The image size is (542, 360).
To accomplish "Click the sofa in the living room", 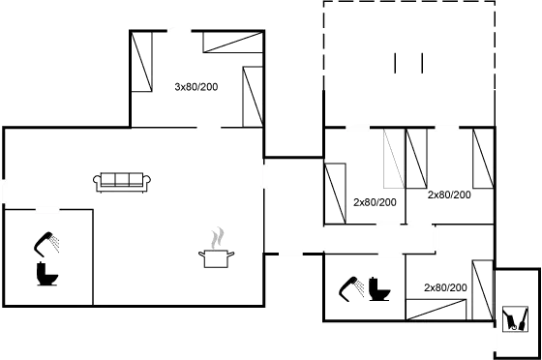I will coord(122,180).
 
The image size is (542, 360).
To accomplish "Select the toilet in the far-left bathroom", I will coord(45,276).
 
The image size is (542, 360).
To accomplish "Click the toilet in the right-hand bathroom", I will coord(379,289).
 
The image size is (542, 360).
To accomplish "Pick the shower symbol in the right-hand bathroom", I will coord(349,287).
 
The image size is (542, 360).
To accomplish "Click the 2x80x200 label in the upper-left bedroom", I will coord(196,87).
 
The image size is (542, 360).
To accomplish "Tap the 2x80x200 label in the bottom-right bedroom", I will coord(445,287).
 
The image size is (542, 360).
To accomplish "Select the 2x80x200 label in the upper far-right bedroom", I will coord(449,195).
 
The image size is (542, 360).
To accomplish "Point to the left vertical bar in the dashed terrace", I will coord(396,62).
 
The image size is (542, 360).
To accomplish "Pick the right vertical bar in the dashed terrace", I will coord(421,62).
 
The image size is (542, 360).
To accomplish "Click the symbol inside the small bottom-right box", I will coord(513,318).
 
